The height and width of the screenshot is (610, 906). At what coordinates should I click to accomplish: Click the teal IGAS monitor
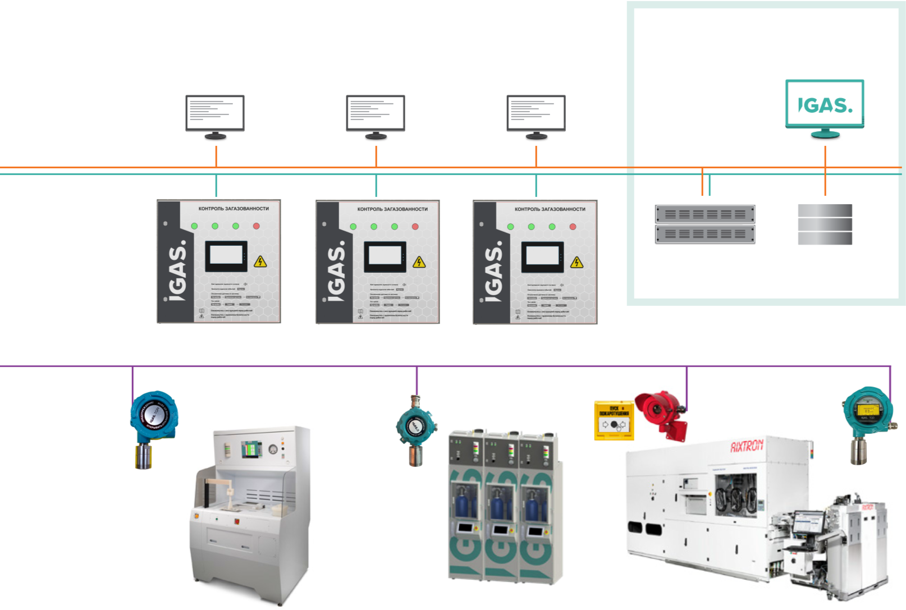pos(824,105)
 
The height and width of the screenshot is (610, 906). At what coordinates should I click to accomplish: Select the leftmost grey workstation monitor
pos(215,113)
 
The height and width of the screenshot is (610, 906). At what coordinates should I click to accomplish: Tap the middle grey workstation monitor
pos(376,113)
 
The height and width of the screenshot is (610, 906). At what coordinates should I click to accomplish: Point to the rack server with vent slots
pos(705,224)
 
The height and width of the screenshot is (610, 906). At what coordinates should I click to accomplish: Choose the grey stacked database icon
pos(825,224)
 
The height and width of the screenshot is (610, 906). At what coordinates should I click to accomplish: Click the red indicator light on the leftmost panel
pos(257,226)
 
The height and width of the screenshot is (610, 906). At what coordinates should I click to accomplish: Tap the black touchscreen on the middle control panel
pos(385,256)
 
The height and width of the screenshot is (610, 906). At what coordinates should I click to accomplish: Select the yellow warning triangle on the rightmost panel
pos(576,263)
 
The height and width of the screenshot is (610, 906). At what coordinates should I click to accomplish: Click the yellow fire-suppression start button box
pos(614,420)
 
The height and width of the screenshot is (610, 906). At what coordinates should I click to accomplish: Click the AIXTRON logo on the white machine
pos(747,446)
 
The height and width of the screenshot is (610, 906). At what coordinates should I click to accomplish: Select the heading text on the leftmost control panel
pos(234,209)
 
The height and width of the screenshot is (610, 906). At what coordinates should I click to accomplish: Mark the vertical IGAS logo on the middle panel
pos(336,272)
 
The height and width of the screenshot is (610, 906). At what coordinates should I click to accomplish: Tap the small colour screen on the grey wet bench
pos(250,448)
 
